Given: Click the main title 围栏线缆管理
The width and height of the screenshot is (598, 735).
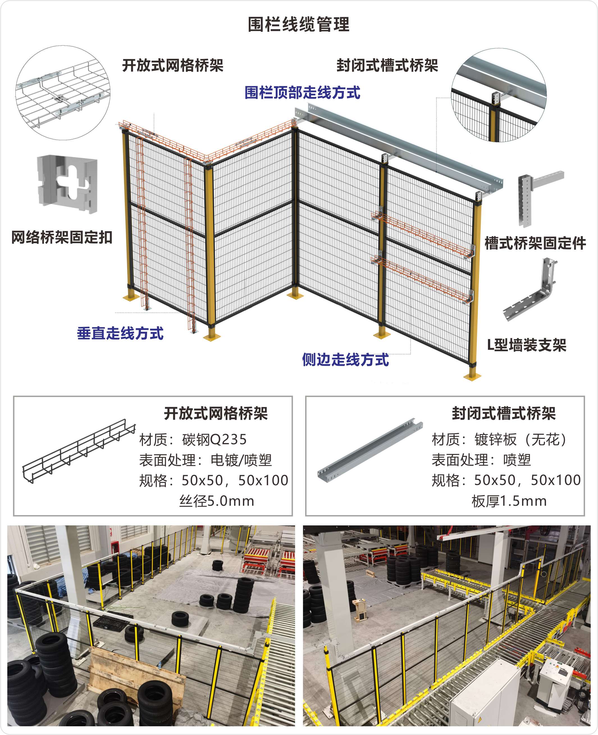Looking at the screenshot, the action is tap(299, 24).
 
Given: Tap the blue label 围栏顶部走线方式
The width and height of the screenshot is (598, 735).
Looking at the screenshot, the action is tap(302, 93).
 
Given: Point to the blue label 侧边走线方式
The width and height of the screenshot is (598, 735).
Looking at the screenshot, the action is tap(346, 360).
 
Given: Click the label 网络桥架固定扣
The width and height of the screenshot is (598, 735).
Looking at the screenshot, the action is tap(62, 237).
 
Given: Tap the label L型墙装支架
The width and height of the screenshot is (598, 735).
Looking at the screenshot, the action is tap(527, 345).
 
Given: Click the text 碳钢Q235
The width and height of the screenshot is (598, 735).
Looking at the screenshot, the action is tap(214, 439).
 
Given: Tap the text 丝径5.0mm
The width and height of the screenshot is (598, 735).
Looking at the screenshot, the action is tap(217, 501).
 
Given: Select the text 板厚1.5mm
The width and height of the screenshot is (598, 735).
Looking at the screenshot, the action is tap(509, 501).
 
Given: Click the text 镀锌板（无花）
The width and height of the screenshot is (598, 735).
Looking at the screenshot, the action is tap(521, 439).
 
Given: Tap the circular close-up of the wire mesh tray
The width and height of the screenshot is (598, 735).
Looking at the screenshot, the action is tap(63, 93).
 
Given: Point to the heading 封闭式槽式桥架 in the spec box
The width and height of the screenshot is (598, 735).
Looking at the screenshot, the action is tap(504, 413).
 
